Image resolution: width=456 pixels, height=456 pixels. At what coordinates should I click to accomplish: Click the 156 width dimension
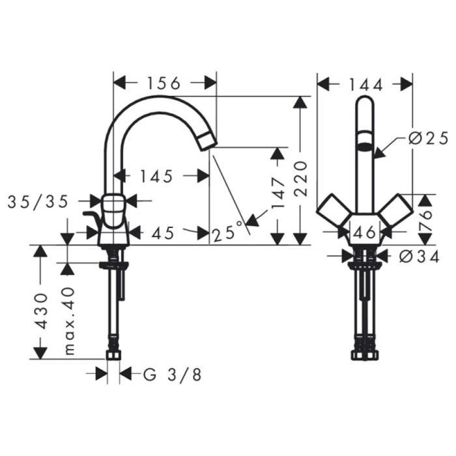point(164,83)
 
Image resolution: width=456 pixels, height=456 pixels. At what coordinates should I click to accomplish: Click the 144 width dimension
point(365,83)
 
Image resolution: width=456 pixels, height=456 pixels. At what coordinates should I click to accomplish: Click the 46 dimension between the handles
point(366,231)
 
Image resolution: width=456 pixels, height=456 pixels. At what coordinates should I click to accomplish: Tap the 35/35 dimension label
point(38,202)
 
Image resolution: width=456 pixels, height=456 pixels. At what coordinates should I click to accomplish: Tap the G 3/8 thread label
point(172,375)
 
